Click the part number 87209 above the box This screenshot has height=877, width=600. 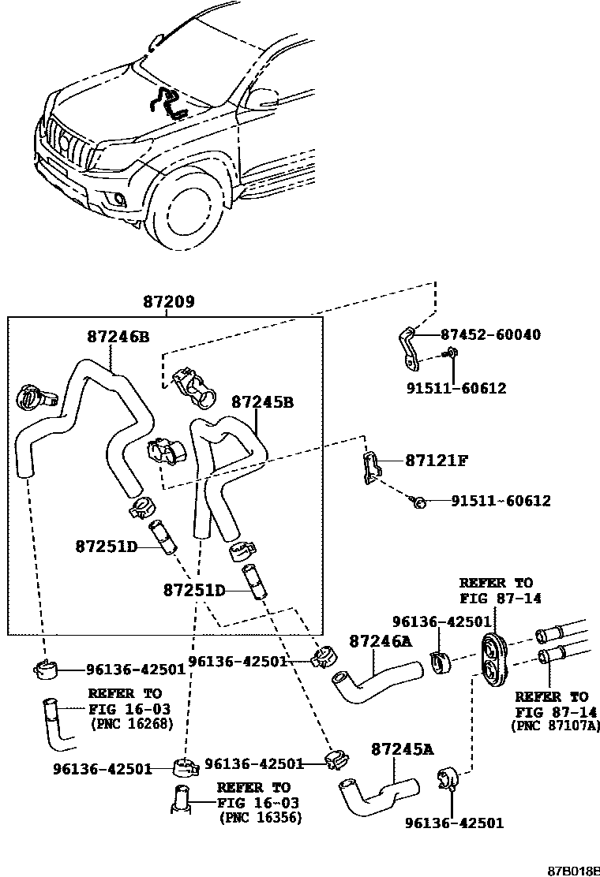pos(169,302)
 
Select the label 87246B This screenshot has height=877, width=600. pos(118,336)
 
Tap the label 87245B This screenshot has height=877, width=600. pos(262,402)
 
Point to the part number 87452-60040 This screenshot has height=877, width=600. pos(490,334)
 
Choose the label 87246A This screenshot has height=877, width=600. pos(381,641)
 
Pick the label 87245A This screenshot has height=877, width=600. pos(402,748)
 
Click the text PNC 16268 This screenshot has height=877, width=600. pos(129,722)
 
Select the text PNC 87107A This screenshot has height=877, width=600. pos(556,725)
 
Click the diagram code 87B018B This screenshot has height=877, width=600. pos(573,870)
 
